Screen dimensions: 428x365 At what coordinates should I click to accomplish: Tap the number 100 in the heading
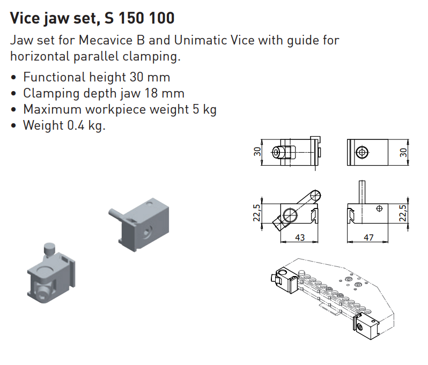[162, 18]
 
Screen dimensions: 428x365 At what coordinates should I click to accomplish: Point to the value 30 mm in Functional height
[150, 77]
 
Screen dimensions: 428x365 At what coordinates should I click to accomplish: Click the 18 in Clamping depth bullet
[151, 93]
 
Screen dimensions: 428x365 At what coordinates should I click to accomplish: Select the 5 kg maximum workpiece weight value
[204, 109]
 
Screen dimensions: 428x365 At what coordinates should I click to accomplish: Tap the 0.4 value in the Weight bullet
[76, 125]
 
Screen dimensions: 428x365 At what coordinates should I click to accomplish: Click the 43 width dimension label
[300, 237]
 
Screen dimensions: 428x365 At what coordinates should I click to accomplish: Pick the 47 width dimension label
[368, 237]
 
